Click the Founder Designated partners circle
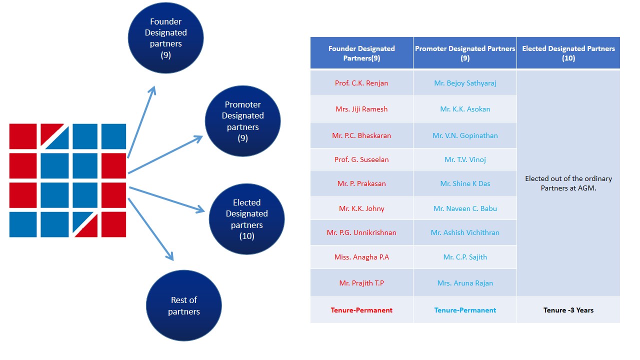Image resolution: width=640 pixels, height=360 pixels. [166, 38]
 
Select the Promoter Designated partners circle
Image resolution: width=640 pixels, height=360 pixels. [242, 121]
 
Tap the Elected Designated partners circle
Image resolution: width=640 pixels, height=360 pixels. [246, 219]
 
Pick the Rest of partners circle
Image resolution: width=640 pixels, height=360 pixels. [183, 305]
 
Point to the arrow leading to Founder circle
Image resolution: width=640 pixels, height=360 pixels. [142, 122]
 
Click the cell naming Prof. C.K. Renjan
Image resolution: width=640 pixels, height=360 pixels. [361, 83]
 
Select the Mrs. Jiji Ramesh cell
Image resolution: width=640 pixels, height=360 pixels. [361, 109]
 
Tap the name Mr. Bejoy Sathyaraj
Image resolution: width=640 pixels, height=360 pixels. [465, 83]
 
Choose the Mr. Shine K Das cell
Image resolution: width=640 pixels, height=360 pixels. [465, 183]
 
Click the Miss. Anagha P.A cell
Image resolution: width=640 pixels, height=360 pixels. [361, 257]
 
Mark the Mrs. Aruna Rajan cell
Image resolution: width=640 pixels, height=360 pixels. [465, 283]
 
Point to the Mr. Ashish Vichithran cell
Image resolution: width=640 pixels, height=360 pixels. [465, 232]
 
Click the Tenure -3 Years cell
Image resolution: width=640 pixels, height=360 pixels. [568, 310]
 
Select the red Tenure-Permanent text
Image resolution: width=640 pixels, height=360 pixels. [361, 310]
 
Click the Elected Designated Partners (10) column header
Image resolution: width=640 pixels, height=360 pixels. [568, 53]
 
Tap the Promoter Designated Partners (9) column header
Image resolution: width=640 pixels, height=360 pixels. [465, 53]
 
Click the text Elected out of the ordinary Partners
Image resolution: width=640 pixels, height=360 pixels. [568, 183]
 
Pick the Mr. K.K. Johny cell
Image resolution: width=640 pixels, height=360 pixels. [361, 208]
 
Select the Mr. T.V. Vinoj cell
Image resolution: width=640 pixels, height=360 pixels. [465, 159]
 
